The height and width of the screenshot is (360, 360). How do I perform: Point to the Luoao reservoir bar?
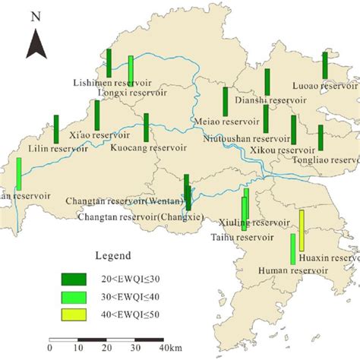tap(325, 65)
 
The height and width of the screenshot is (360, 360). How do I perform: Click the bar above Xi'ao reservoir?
tap(97, 114)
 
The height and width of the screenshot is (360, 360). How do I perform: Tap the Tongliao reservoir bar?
tap(321, 137)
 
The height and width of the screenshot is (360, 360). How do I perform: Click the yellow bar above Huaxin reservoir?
tap(302, 230)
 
